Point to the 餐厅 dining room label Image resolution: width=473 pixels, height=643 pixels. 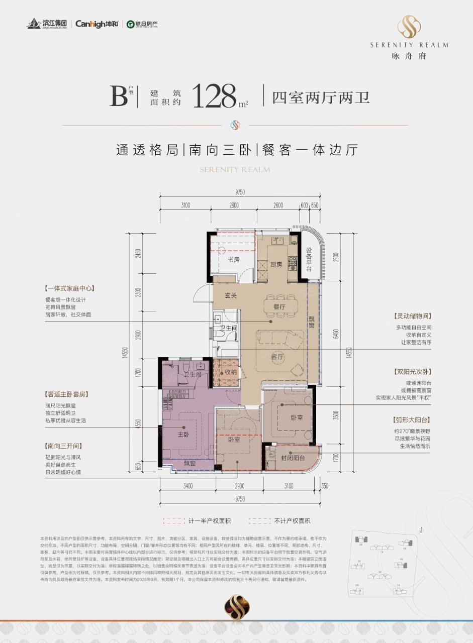pos(279,306)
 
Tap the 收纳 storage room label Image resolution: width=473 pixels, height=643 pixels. pos(231,373)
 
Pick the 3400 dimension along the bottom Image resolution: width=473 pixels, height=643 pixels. pos(187,486)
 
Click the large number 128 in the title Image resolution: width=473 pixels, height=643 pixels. pos(214,96)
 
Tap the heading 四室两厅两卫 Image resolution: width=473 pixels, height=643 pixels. pos(321,96)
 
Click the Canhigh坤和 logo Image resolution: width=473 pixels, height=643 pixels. pos(97,24)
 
